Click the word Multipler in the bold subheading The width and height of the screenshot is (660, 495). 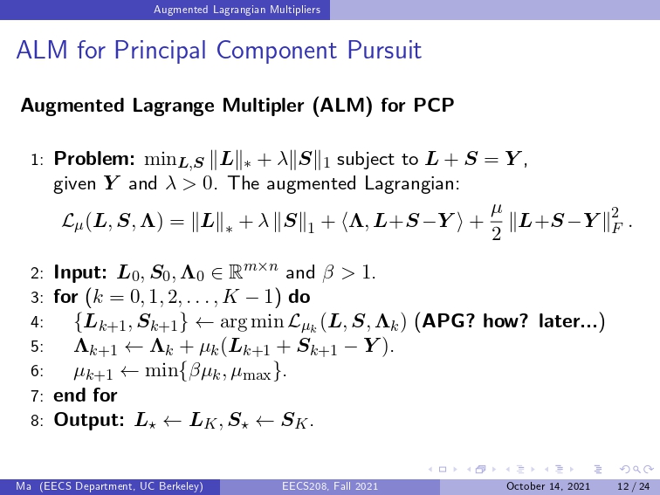[263, 105]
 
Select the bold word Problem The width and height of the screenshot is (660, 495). [94, 159]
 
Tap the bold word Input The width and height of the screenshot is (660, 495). [80, 272]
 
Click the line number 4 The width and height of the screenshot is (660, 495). [36, 322]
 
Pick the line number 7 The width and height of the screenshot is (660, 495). [36, 395]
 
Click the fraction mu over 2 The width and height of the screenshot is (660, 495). [496, 222]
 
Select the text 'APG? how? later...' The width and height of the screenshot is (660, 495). [509, 321]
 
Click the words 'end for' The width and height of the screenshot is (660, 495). [85, 395]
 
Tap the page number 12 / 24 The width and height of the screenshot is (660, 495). [634, 486]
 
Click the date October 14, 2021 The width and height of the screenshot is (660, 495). [548, 486]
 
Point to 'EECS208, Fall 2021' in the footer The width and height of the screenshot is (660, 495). [330, 486]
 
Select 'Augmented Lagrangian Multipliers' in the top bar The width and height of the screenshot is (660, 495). [237, 10]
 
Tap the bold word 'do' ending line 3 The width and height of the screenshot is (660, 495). [299, 297]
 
